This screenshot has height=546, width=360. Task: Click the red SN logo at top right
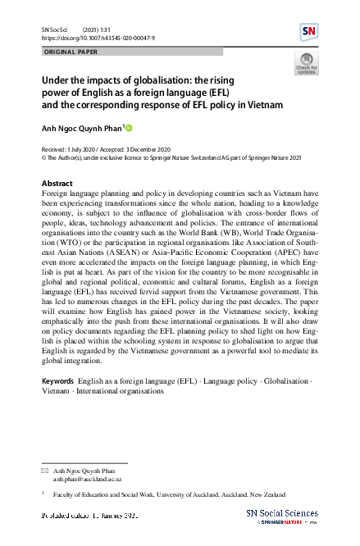click(x=309, y=32)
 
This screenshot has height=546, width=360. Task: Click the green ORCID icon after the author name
click(x=129, y=128)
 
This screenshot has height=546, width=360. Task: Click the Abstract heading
click(x=57, y=183)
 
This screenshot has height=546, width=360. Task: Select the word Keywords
click(x=58, y=383)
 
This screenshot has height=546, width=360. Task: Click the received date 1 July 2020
click(x=82, y=151)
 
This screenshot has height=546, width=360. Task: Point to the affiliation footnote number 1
click(x=43, y=495)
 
